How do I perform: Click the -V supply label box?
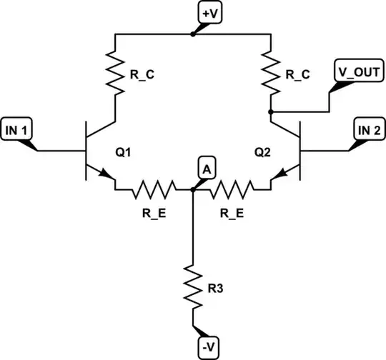(x=207, y=346)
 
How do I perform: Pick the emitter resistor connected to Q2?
(x=233, y=190)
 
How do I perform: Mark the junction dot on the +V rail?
(x=193, y=34)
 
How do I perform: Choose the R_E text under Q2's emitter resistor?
(x=233, y=213)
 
